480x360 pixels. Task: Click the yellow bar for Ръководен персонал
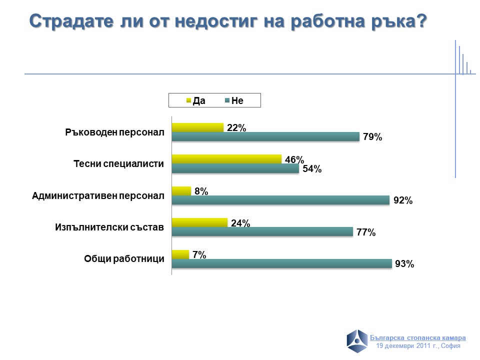tap(197, 127)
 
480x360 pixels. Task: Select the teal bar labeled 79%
tap(265, 136)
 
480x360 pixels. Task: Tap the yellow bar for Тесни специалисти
tap(226, 159)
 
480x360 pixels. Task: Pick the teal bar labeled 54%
tap(235, 168)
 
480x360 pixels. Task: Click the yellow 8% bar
tap(181, 190)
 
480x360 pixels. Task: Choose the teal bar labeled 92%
tap(280, 200)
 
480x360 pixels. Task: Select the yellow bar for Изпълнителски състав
tap(199, 222)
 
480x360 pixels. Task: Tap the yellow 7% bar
tap(180, 254)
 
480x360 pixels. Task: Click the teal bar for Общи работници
tap(281, 263)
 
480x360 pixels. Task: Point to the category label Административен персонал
tap(98, 195)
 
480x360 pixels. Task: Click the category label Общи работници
tap(124, 259)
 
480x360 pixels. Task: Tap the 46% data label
tap(294, 160)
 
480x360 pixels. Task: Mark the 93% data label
tap(404, 264)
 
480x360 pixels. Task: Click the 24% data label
tap(240, 223)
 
